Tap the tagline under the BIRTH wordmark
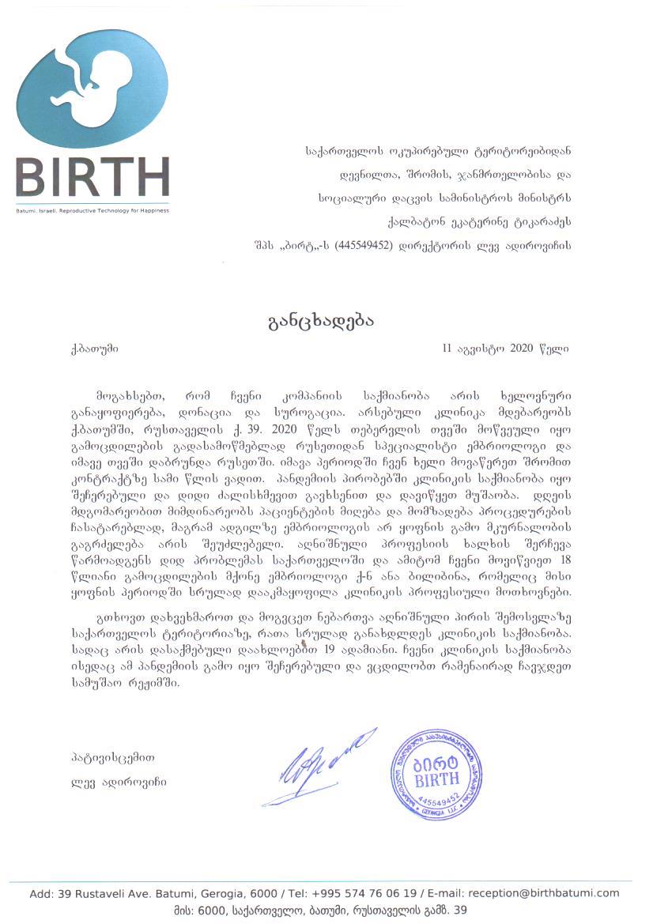coord(92,210)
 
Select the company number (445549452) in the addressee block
coord(364,245)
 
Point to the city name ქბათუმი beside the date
coord(94,347)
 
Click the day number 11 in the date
coord(450,347)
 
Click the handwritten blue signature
coord(316,767)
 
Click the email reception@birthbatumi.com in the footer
coord(544,893)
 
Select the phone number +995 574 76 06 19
coord(362,893)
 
